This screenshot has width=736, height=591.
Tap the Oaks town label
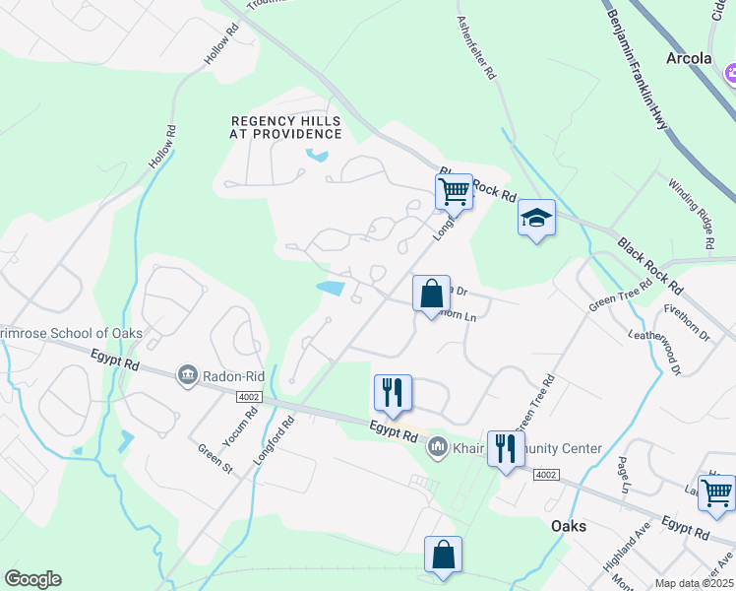(569, 526)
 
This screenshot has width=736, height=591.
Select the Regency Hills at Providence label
(286, 127)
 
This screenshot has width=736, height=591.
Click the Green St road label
(215, 458)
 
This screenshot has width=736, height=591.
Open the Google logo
(32, 579)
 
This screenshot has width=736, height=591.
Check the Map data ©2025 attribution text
(695, 583)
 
